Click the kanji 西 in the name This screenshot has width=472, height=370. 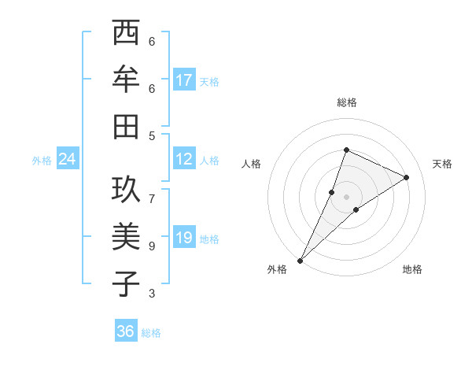126,34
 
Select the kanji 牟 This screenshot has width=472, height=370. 126,80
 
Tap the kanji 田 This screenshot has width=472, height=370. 126,126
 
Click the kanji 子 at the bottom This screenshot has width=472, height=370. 126,283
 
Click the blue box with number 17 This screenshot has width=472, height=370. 184,80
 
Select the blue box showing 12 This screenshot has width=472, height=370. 184,159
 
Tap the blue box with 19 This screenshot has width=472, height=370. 184,238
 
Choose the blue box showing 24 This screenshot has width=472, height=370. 67,159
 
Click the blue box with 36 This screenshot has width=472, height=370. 126,331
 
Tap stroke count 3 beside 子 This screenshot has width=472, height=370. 152,294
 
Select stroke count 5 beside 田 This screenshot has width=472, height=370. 152,135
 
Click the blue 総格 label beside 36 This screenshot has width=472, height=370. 151,333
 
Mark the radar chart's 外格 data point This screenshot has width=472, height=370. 300,260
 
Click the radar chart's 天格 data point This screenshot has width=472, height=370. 407,177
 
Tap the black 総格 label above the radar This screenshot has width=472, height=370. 346,102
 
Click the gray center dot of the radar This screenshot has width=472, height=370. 346,196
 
